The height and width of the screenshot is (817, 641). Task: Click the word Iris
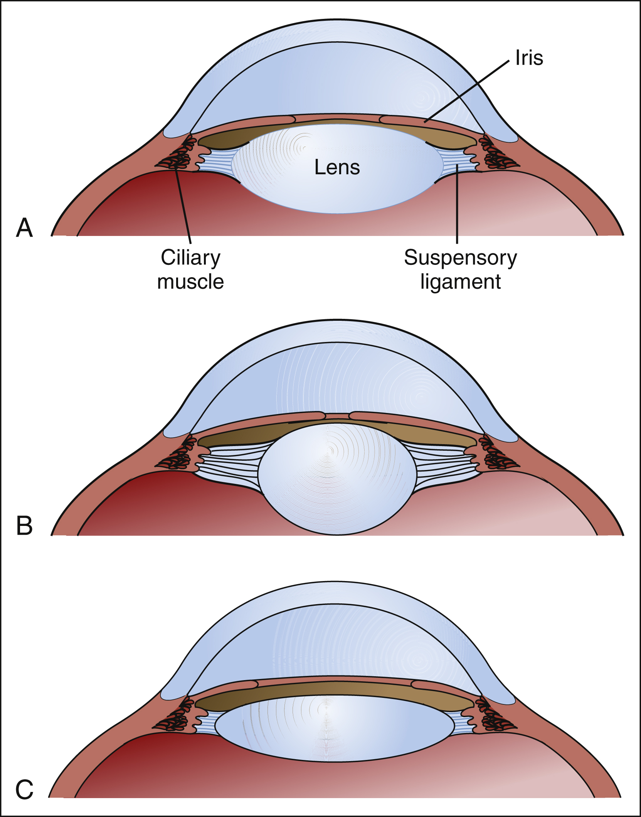[529, 58]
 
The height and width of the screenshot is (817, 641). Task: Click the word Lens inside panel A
[337, 167]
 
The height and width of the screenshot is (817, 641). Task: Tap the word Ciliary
[190, 258]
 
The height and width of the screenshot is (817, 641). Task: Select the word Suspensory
[460, 258]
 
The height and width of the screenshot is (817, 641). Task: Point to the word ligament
[460, 282]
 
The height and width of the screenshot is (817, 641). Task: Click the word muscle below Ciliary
[190, 282]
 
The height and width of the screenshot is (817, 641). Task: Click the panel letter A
[24, 228]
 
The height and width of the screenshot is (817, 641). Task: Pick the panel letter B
[24, 526]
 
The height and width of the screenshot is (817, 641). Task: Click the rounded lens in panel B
[337, 478]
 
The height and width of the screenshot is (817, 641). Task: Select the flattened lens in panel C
[335, 728]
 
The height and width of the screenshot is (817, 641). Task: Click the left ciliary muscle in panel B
[178, 455]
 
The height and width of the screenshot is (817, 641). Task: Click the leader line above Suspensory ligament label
[457, 208]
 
